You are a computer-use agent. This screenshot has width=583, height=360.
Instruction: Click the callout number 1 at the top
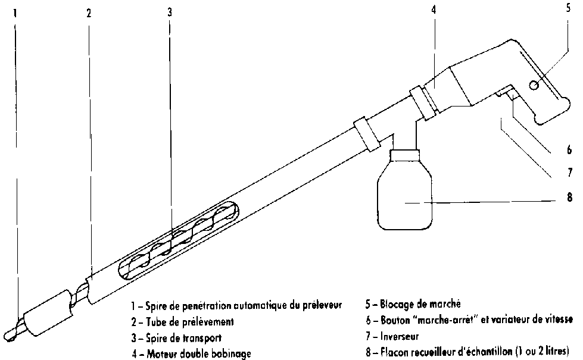click(x=15, y=12)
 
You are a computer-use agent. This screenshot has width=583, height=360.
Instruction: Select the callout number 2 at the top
click(x=88, y=12)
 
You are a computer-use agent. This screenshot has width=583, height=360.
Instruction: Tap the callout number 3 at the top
click(x=169, y=12)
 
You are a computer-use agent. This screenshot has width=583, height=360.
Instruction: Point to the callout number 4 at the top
click(x=434, y=11)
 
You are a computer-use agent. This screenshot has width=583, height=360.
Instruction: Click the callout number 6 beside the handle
click(x=569, y=149)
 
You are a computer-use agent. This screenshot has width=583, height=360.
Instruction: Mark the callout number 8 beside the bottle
click(x=569, y=198)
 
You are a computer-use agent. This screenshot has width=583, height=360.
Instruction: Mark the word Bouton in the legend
click(x=394, y=321)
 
